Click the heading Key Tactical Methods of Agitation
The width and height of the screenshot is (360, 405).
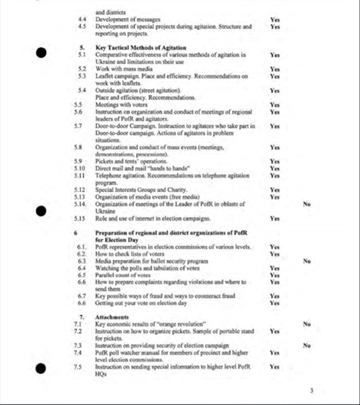141,48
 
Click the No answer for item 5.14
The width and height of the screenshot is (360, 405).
307,203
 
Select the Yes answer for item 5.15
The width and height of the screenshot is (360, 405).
275,218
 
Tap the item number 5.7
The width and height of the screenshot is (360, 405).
82,126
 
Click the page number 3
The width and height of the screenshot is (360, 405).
312,390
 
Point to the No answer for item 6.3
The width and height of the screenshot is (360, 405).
307,261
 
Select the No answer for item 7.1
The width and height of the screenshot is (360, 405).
307,324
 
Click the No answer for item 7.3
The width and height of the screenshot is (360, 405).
307,346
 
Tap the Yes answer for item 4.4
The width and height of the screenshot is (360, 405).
275,20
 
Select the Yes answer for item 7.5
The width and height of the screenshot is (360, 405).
275,367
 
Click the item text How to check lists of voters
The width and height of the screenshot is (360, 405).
130,254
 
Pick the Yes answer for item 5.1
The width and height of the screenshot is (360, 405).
275,55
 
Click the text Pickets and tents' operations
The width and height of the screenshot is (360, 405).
131,161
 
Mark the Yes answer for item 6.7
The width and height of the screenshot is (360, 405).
275,296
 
